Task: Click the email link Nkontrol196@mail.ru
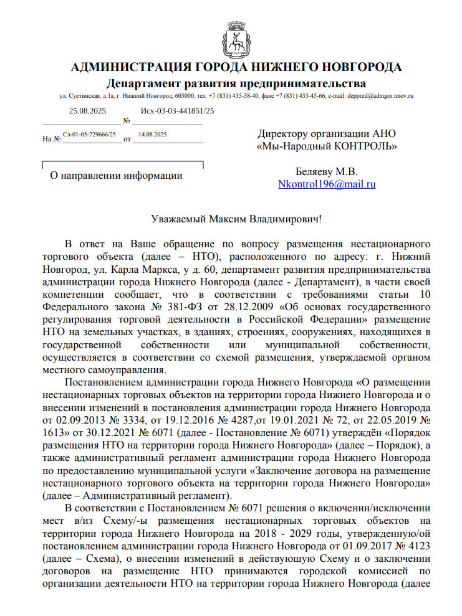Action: [327, 184]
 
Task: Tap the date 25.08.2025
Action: [88, 111]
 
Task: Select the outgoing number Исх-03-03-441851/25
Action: [177, 111]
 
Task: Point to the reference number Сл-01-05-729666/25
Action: [90, 135]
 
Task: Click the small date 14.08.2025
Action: [153, 135]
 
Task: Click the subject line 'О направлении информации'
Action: [116, 176]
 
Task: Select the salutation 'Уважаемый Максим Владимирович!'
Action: [237, 219]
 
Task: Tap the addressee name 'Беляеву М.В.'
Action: [327, 172]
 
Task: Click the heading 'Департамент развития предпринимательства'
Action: [236, 83]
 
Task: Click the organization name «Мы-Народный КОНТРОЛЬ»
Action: [327, 146]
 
